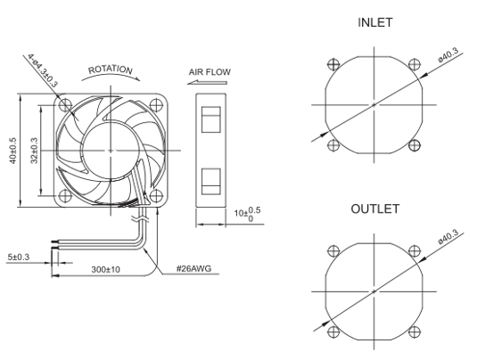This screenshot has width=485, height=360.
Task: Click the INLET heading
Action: click(374, 22)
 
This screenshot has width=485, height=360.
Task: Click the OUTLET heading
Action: click(374, 209)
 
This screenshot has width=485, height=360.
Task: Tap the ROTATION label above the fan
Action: click(111, 70)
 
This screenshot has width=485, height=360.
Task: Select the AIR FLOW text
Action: click(210, 72)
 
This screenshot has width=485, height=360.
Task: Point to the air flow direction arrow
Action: click(207, 82)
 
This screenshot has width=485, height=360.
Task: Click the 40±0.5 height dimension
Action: click(12, 151)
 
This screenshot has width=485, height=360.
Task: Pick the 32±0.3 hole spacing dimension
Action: click(34, 151)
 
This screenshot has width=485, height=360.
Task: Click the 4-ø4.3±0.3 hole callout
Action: click(43, 70)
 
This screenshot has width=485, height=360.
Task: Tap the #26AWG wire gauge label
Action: click(194, 268)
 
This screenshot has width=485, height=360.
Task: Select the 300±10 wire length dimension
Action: click(105, 270)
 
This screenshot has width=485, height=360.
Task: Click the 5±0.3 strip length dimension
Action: click(19, 257)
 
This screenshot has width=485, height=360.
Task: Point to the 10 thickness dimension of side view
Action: click(248, 214)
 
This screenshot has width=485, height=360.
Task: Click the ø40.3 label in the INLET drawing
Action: click(448, 55)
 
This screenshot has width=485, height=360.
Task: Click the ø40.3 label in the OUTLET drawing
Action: click(448, 237)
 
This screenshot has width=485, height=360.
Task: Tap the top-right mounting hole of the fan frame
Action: click(156, 105)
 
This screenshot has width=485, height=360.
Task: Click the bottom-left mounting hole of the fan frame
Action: click(65, 196)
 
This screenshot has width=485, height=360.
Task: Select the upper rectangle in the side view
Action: click(211, 119)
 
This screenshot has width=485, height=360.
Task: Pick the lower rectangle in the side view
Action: click(211, 182)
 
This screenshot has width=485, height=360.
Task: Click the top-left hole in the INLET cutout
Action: click(333, 65)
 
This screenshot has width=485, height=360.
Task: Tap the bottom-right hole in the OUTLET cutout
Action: click(415, 331)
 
